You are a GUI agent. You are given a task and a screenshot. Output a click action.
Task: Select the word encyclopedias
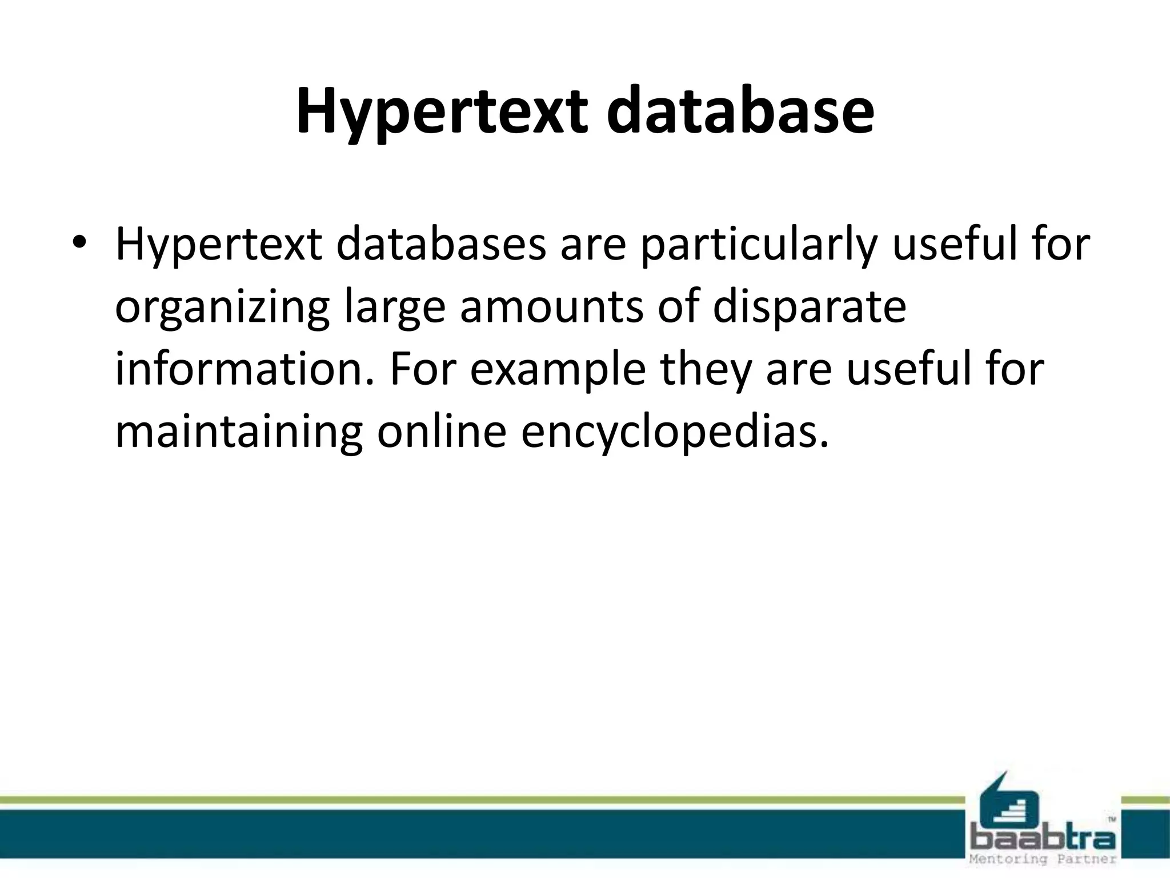coord(674,433)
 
